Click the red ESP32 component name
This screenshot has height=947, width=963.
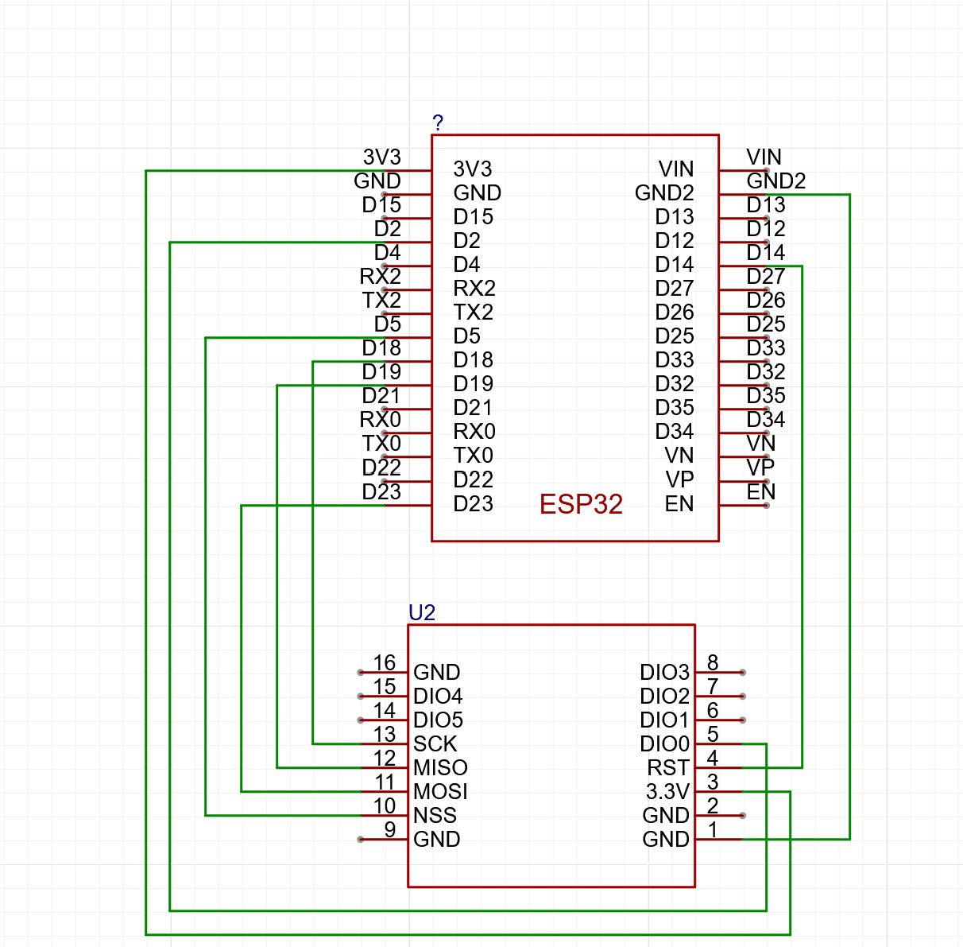pyautogui.click(x=581, y=504)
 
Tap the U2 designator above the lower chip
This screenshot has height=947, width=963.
pyautogui.click(x=422, y=612)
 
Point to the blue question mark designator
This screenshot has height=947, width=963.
pyautogui.click(x=438, y=122)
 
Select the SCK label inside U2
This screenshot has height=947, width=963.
pyautogui.click(x=435, y=744)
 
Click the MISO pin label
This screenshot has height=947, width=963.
pyautogui.click(x=440, y=768)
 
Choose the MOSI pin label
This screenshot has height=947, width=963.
pyautogui.click(x=440, y=792)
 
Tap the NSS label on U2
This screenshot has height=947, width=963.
pyautogui.click(x=435, y=816)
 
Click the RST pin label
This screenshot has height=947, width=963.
pyautogui.click(x=668, y=768)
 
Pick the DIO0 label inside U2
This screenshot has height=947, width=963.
pyautogui.click(x=664, y=744)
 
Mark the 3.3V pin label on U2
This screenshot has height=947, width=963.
pyautogui.click(x=667, y=792)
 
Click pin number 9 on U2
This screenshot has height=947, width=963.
pyautogui.click(x=389, y=829)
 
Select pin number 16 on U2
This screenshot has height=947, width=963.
pyautogui.click(x=385, y=662)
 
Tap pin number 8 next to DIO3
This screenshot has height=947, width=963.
pyautogui.click(x=713, y=662)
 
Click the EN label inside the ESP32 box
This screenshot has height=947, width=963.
pyautogui.click(x=679, y=504)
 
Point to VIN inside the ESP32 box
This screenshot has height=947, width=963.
pyautogui.click(x=676, y=169)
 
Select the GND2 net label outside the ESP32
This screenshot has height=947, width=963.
pyautogui.click(x=776, y=181)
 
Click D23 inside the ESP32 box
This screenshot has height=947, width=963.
pyautogui.click(x=473, y=504)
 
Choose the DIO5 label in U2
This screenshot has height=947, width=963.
pyautogui.click(x=438, y=720)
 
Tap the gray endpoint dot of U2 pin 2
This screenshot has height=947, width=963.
pyautogui.click(x=742, y=816)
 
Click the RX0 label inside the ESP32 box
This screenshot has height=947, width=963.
pyautogui.click(x=474, y=432)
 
